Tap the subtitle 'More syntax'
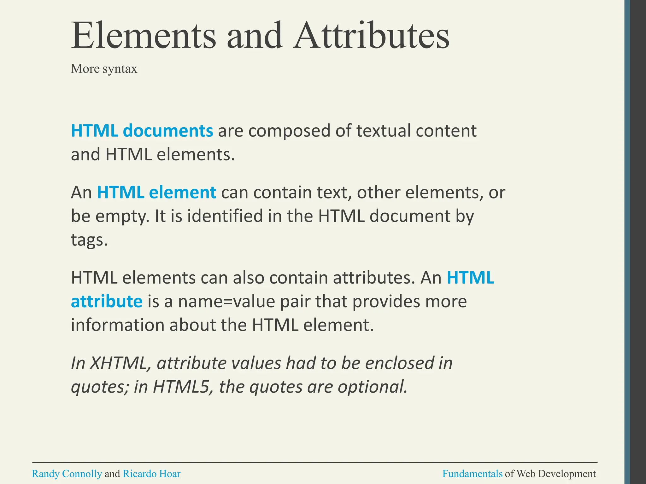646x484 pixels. [x=104, y=69]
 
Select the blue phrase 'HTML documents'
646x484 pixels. [x=142, y=130]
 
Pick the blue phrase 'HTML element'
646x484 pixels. [x=156, y=192]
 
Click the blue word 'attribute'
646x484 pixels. [x=107, y=301]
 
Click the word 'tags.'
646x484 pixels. [x=89, y=241]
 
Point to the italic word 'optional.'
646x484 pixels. [x=373, y=387]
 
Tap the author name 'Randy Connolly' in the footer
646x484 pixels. [x=67, y=474]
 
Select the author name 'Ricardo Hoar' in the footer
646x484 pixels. [x=151, y=474]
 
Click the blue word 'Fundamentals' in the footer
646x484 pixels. [x=472, y=474]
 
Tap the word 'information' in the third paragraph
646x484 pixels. [x=118, y=325]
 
